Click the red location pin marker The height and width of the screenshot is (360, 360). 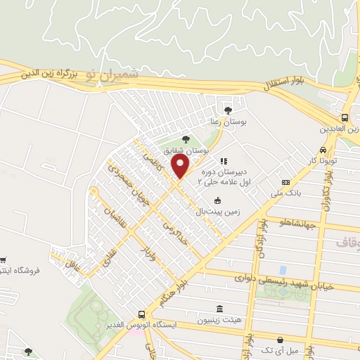click(181, 167)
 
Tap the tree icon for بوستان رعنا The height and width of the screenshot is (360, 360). click(227, 109)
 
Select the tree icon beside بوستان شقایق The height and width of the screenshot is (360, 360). click(186, 139)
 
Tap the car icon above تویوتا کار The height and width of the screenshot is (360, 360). click(322, 150)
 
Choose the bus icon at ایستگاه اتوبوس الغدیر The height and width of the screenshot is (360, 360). click(143, 314)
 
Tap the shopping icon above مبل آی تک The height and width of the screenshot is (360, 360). click(281, 340)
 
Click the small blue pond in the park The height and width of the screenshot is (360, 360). click(283, 269)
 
